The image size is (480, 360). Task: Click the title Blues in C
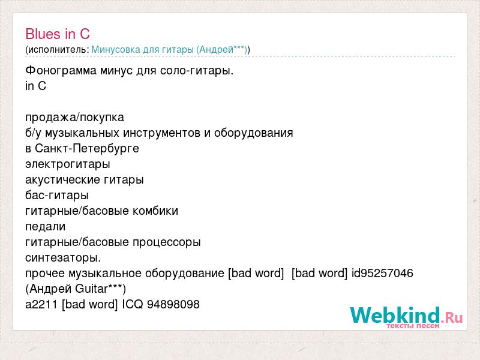58,34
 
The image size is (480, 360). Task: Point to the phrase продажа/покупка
74,118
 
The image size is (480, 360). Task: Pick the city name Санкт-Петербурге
87,149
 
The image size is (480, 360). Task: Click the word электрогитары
68,164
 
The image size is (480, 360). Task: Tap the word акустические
63,180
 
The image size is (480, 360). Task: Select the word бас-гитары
57,196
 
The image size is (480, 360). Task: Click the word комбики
155,211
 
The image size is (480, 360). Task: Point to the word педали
46,227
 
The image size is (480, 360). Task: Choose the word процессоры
167,242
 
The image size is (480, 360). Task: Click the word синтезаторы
63,258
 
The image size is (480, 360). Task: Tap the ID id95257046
382,273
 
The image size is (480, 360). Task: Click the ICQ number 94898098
173,304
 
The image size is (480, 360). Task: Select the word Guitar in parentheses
91,289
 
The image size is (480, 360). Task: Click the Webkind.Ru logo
406,317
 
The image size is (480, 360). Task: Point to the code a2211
41,304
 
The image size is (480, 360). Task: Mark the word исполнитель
57,50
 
